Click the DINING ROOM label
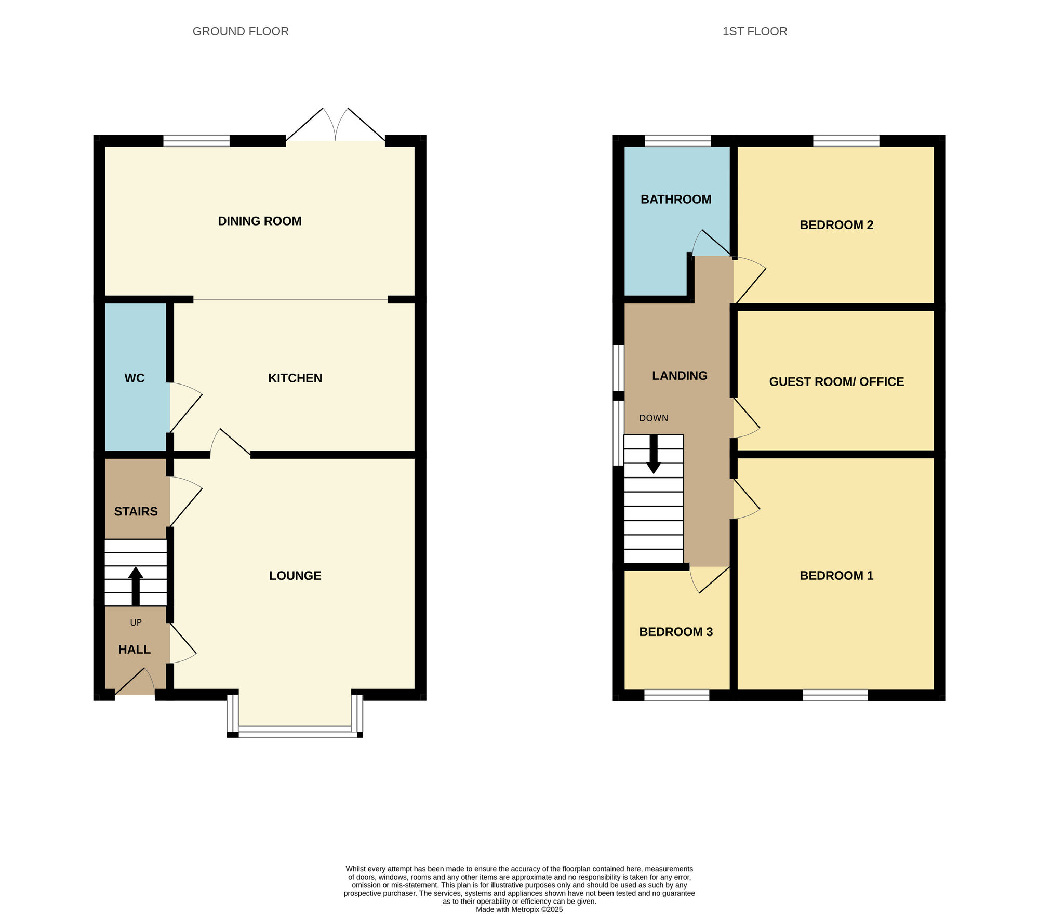point(259,221)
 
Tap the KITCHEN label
point(295,378)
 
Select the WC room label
point(134,378)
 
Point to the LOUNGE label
point(295,576)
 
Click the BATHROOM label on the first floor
point(675,200)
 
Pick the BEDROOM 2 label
point(836,225)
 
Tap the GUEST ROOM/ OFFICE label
point(836,382)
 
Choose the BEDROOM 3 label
point(675,632)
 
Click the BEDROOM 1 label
point(836,576)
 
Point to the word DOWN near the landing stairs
point(653,418)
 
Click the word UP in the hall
point(136,622)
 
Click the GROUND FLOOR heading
point(240,31)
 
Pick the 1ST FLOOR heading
point(754,31)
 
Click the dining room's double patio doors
point(336,127)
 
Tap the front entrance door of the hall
point(135,683)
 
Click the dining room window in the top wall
point(196,141)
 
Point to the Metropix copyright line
point(519,909)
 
